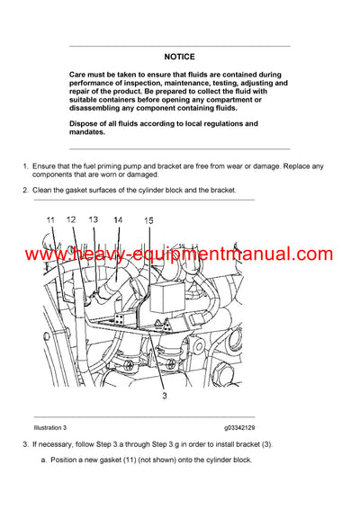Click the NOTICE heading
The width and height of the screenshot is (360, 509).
click(179, 56)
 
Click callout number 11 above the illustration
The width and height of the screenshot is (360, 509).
click(50, 219)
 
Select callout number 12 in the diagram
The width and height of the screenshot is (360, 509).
click(73, 219)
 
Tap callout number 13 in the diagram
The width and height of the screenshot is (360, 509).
click(93, 219)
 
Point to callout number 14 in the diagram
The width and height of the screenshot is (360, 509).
click(118, 220)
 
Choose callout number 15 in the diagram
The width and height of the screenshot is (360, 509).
click(148, 220)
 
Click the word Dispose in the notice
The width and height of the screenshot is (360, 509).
click(86, 123)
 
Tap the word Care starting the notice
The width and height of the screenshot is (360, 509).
click(79, 74)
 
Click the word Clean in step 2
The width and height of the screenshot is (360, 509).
click(45, 191)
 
